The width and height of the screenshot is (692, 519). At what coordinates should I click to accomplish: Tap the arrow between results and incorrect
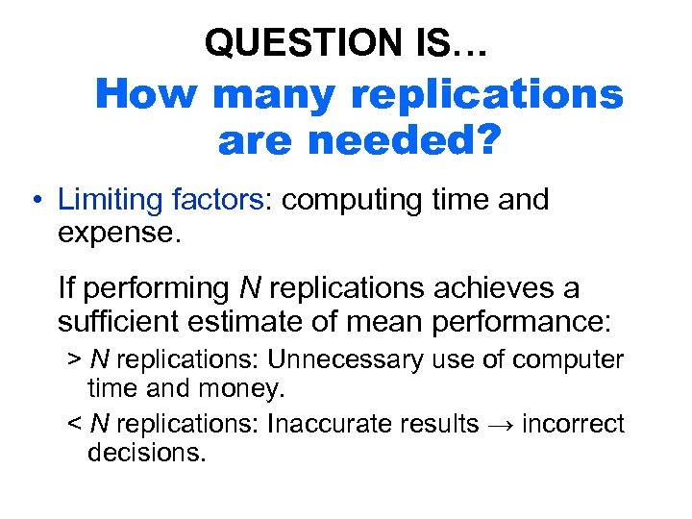499,424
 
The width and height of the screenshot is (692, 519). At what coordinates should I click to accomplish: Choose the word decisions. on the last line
146,451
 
